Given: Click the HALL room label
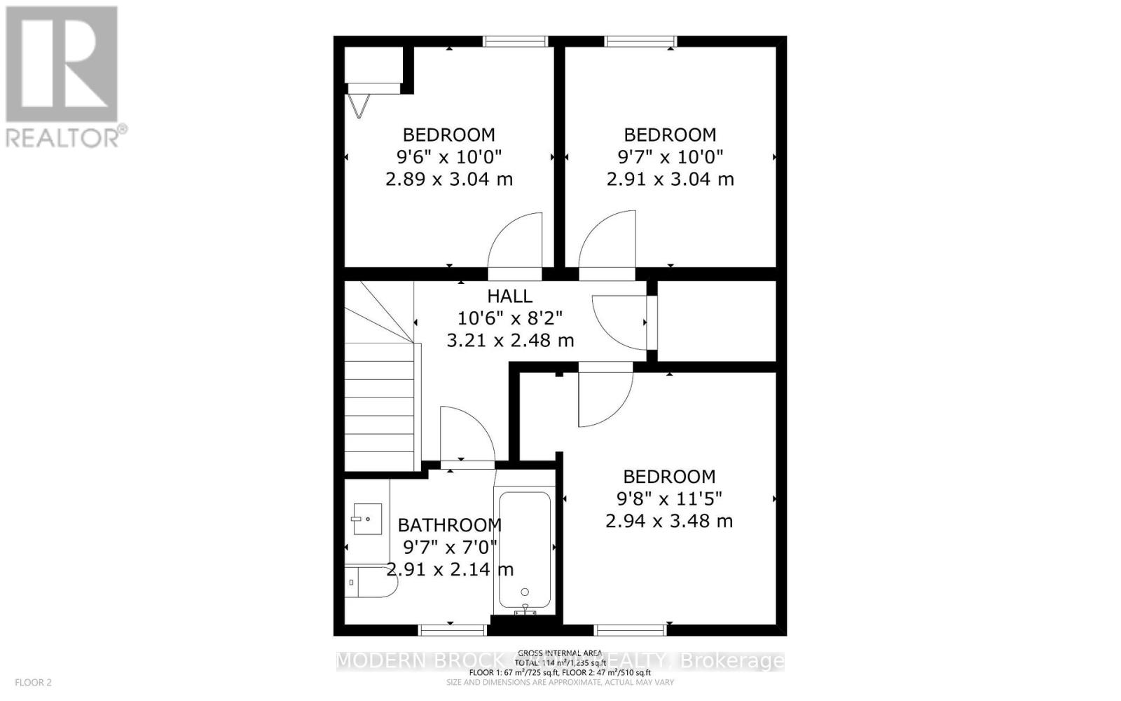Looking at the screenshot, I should point(510,296).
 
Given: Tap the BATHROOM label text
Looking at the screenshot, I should point(449,525).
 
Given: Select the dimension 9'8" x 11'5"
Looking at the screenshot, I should point(669,498).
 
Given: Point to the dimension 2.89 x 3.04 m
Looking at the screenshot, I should point(449,179).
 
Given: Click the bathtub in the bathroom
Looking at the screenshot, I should point(524,550).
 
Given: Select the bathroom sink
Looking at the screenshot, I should point(366,519).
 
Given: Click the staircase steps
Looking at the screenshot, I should point(379,407).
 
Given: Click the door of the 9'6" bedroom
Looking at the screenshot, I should point(516,242).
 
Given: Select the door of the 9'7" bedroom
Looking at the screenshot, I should point(607,242).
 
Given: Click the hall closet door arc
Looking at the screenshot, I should point(619,322).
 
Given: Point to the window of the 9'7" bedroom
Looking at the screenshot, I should point(640,41).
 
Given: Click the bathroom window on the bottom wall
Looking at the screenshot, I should point(452,629).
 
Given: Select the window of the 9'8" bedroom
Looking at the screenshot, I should point(631,629).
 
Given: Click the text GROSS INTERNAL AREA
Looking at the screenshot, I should point(560,653).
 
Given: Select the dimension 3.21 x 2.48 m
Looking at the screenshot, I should point(510,341).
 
